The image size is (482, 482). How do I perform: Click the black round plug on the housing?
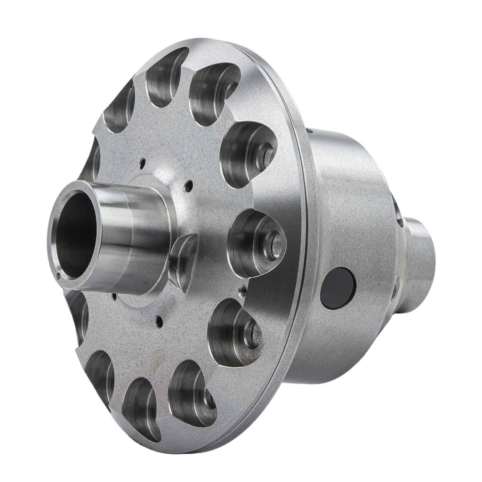337,288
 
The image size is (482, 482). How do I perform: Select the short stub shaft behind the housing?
419,264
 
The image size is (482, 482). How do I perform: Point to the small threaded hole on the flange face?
242,290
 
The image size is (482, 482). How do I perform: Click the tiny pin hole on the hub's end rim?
58,275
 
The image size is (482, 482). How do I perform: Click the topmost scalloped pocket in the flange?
165,75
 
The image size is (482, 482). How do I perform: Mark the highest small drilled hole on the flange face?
142,163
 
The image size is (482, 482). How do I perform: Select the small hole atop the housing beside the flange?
309,131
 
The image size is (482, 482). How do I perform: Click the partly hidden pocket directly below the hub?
78,313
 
